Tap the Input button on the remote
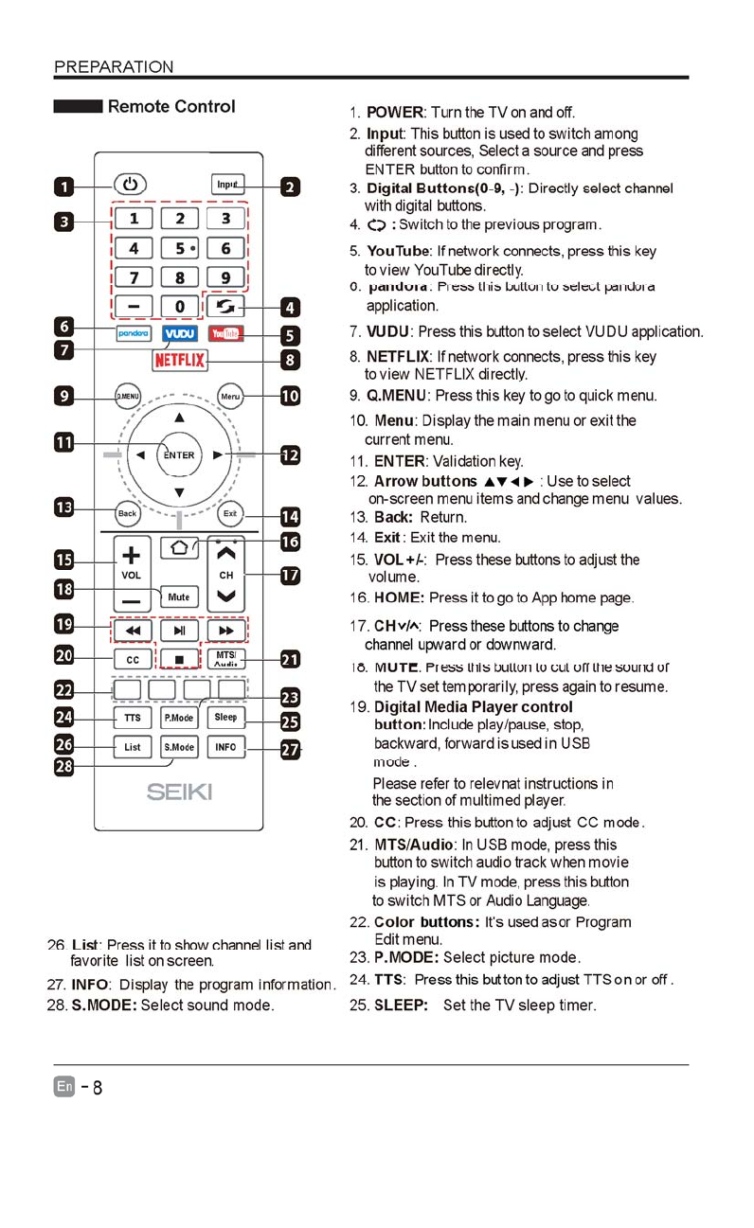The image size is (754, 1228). [x=226, y=185]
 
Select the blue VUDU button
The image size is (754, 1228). [x=179, y=334]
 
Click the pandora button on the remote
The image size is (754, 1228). [x=134, y=334]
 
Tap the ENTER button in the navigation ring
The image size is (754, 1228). [x=179, y=454]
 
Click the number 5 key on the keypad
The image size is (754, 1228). [x=179, y=249]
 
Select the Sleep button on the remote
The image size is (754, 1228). [x=225, y=718]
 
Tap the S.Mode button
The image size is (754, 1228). [x=179, y=747]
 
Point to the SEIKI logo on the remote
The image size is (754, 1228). [x=179, y=792]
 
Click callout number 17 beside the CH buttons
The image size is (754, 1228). [x=290, y=575]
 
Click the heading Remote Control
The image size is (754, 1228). [x=171, y=106]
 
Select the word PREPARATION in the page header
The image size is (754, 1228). [x=114, y=66]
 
